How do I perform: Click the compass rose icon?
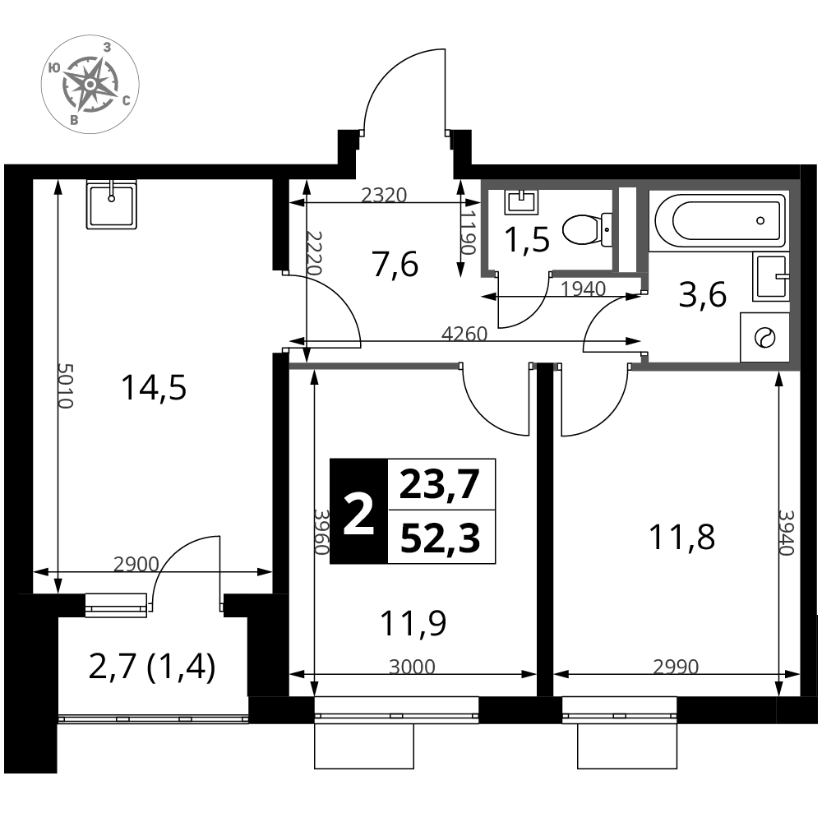click(90, 84)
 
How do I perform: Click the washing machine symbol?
click(764, 337)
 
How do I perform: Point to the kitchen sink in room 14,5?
click(111, 204)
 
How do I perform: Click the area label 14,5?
click(154, 389)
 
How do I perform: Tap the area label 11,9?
click(413, 623)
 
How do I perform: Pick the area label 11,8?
click(681, 538)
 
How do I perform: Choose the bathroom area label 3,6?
click(703, 294)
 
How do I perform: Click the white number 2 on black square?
click(358, 511)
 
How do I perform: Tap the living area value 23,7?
click(440, 484)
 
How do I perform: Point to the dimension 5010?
click(65, 386)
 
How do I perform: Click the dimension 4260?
click(464, 334)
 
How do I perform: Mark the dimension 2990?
click(676, 667)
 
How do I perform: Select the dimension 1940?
click(583, 289)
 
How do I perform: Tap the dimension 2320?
click(384, 195)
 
